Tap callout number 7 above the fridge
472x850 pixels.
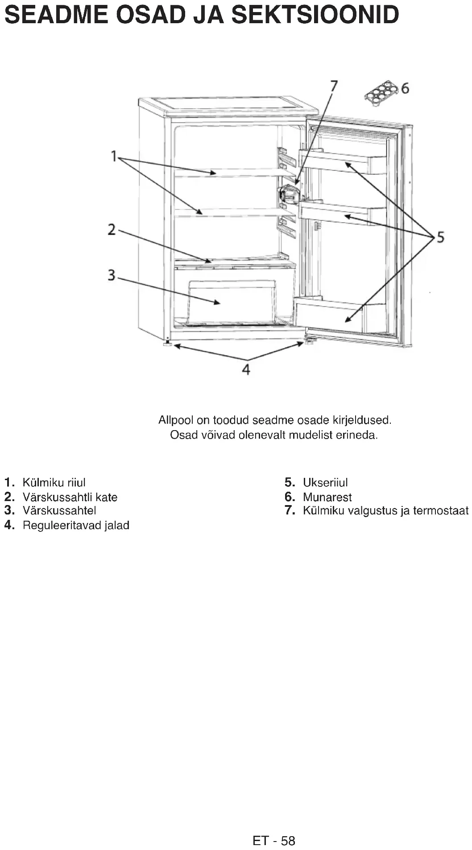pyautogui.click(x=333, y=86)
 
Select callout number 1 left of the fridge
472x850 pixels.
pyautogui.click(x=114, y=156)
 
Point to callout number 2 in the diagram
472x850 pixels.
pyautogui.click(x=112, y=230)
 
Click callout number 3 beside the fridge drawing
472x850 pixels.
pyautogui.click(x=112, y=275)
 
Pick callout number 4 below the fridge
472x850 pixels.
pyautogui.click(x=246, y=369)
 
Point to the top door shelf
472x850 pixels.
pyautogui.click(x=343, y=162)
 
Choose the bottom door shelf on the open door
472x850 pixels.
pyautogui.click(x=330, y=316)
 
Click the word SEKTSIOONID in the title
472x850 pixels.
pyautogui.click(x=315, y=15)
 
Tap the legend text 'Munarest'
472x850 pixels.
pyautogui.click(x=327, y=497)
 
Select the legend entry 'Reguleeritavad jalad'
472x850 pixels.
pyautogui.click(x=76, y=525)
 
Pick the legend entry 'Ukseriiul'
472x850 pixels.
pyautogui.click(x=325, y=482)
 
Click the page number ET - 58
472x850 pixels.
pyautogui.click(x=273, y=841)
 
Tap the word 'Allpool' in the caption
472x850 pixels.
pyautogui.click(x=176, y=420)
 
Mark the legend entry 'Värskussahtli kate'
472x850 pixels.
pyautogui.click(x=70, y=497)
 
